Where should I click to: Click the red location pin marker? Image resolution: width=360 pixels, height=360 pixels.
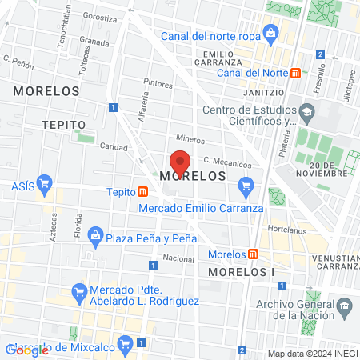pos(180,162)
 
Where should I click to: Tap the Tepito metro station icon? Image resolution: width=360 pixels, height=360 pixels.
pos(142,192)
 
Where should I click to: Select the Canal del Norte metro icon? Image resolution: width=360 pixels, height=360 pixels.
pos(296,73)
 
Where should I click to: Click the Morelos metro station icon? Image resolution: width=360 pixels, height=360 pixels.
pos(253,254)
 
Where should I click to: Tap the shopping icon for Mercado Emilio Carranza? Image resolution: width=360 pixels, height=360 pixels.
pos(246,189)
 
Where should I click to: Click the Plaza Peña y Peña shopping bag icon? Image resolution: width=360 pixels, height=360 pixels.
pos(96,236)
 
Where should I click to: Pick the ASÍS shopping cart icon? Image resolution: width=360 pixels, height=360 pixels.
pos(45,183)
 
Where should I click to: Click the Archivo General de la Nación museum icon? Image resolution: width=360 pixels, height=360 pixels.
pos(345,306)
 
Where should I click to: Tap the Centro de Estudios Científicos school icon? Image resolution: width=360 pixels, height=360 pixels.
pos(306,110)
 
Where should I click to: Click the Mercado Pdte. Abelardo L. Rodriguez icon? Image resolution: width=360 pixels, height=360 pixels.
pos(79,294)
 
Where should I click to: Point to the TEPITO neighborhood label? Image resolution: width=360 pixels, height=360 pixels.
pos(64,126)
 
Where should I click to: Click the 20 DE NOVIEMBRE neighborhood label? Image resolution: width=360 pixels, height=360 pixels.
pos(326,166)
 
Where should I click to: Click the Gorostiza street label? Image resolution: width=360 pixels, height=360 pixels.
pos(98,16)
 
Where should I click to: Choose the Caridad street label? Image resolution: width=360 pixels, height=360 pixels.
pos(113,146)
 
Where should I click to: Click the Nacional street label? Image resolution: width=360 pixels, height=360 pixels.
pos(178,258)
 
